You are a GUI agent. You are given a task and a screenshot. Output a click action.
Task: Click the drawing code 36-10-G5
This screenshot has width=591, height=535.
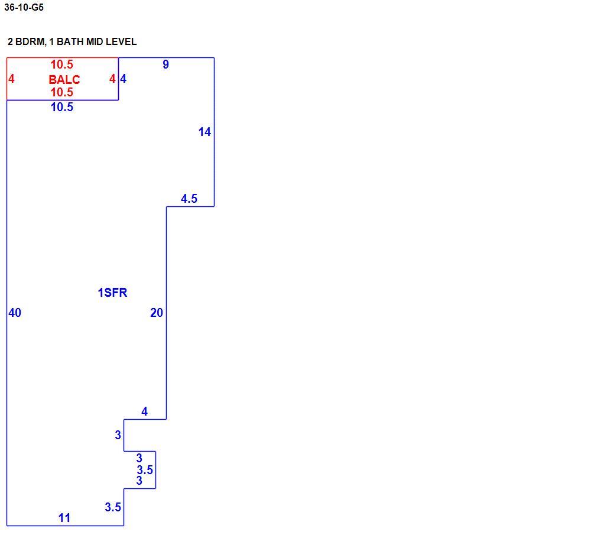(24, 7)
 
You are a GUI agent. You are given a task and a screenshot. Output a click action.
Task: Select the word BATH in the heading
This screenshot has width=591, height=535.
(70, 41)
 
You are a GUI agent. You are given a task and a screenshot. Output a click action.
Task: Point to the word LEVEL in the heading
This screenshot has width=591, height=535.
(121, 41)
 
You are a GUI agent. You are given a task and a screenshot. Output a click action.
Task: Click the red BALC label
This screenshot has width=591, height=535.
(64, 80)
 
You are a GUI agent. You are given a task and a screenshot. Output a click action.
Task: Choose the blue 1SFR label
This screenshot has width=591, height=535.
(112, 293)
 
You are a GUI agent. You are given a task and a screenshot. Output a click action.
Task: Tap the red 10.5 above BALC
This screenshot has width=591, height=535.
(62, 64)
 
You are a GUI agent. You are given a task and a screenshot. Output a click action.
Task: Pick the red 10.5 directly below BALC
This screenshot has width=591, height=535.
(62, 92)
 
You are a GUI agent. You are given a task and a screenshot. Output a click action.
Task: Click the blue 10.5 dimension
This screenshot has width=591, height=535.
(62, 107)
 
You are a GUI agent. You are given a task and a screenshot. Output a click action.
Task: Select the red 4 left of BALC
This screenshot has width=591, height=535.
(11, 79)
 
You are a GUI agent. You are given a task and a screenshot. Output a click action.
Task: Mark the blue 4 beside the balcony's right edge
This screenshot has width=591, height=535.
(124, 79)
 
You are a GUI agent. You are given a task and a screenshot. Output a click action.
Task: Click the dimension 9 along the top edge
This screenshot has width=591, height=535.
(166, 64)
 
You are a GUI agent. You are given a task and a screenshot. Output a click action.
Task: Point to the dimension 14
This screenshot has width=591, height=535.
(204, 132)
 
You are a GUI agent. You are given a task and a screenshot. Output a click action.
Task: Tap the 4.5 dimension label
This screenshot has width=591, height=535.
(189, 199)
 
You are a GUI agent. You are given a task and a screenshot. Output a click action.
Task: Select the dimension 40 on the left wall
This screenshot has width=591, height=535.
(15, 313)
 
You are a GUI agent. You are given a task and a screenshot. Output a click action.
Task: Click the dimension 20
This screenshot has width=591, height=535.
(157, 313)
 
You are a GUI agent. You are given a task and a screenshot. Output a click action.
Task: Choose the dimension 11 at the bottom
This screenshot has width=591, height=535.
(64, 518)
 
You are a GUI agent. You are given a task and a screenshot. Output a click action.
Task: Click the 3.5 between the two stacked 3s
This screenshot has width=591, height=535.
(145, 470)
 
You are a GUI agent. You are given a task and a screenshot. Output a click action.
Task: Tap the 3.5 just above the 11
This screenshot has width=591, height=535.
(113, 507)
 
